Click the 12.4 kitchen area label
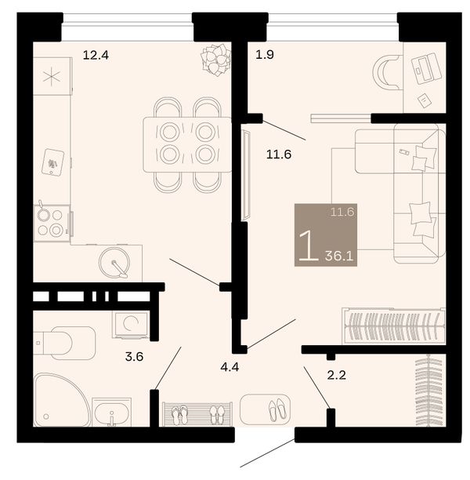click(x=96, y=56)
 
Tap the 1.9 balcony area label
click(x=265, y=55)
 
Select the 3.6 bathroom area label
click(x=134, y=357)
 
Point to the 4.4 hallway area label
click(x=230, y=367)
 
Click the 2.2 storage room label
click(x=336, y=375)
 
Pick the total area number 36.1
click(x=339, y=256)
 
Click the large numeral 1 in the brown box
click(x=309, y=245)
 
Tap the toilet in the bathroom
click(x=64, y=343)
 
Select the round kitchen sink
click(x=114, y=263)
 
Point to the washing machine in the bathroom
click(x=131, y=325)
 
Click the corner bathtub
click(x=62, y=400)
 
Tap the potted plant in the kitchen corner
click(x=215, y=60)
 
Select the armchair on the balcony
click(x=386, y=72)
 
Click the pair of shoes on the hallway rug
click(x=277, y=410)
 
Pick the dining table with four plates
click(x=187, y=144)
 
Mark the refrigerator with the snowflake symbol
click(x=52, y=76)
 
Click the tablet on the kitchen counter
click(x=53, y=162)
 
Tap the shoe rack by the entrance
click(x=197, y=414)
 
